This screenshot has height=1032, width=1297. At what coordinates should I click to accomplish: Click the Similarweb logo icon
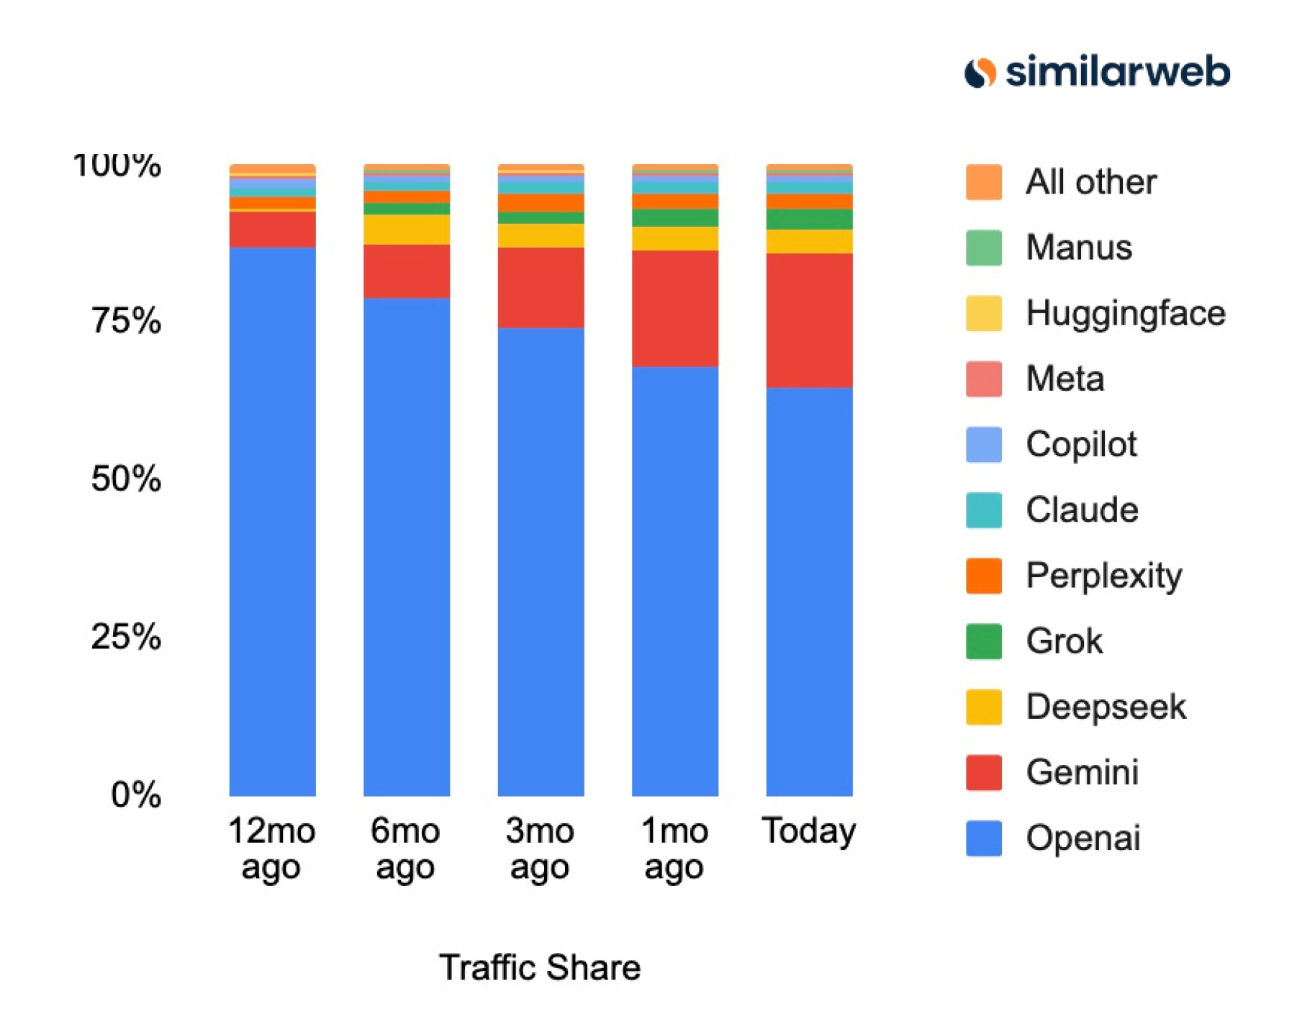point(980,73)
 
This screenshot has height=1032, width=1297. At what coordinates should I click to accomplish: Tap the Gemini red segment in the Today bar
point(809,320)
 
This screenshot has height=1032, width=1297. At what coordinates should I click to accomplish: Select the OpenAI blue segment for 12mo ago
point(272,521)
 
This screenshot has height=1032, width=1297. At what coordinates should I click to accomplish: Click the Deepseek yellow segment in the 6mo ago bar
point(407,229)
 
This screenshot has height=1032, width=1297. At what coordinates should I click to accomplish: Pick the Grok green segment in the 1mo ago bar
point(675,217)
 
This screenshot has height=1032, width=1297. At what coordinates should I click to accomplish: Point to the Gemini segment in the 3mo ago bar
point(541,287)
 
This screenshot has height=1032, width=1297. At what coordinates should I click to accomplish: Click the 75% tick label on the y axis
point(126,320)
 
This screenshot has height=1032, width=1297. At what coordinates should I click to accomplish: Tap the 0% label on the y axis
point(135,795)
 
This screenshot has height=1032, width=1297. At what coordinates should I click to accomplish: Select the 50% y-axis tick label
point(126,479)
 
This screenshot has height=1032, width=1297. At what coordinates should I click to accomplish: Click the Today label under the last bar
point(809,830)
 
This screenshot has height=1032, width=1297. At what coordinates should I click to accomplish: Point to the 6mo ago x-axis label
point(405,848)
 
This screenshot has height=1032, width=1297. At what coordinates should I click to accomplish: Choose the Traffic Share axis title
point(540,967)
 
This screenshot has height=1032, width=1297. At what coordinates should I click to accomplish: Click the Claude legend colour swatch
point(983,510)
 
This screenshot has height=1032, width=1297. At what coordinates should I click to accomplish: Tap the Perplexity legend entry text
point(1103,576)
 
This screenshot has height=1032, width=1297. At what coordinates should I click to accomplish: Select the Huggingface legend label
point(1125,313)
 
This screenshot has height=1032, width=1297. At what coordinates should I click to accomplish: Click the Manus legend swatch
point(983,248)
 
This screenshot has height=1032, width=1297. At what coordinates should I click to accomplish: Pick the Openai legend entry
point(1083,838)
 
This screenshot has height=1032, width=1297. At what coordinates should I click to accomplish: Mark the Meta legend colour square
point(983,379)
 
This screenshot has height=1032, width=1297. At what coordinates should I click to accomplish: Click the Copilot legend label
point(1081,444)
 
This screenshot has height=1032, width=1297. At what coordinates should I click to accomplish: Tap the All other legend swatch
point(983,182)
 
